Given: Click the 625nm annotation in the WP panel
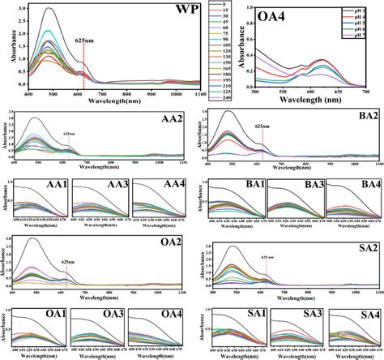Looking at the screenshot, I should click(85, 39).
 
